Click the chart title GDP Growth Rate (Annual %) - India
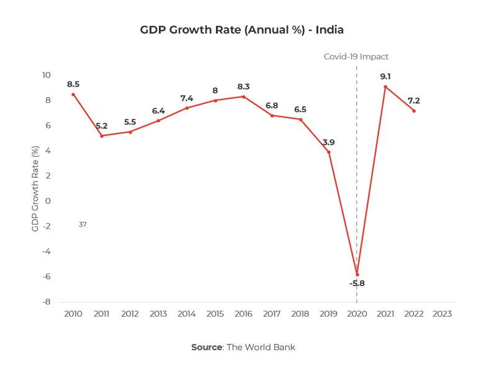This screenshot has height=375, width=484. (242, 30)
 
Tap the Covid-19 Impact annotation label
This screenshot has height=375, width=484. (356, 56)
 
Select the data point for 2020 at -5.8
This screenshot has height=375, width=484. (357, 274)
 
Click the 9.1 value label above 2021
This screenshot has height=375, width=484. (385, 76)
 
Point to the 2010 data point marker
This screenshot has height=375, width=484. (73, 94)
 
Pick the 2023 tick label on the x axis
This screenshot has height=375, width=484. (442, 314)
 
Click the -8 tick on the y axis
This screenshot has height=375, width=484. (46, 302)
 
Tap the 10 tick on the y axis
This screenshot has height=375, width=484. (46, 75)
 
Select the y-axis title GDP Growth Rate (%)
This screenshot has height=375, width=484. (35, 189)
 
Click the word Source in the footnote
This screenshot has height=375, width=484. (207, 347)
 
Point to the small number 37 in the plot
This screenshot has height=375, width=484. (83, 224)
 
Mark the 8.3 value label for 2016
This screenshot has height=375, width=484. (243, 87)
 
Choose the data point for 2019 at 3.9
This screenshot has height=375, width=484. (328, 152)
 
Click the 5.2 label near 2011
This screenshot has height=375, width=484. (102, 126)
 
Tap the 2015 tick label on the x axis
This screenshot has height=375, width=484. (215, 314)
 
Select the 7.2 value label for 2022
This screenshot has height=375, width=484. (413, 100)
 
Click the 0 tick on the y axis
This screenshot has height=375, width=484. (48, 201)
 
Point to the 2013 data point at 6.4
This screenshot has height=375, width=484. (158, 120)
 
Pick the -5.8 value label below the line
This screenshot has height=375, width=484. (357, 284)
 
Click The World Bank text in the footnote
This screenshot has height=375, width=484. (261, 347)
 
